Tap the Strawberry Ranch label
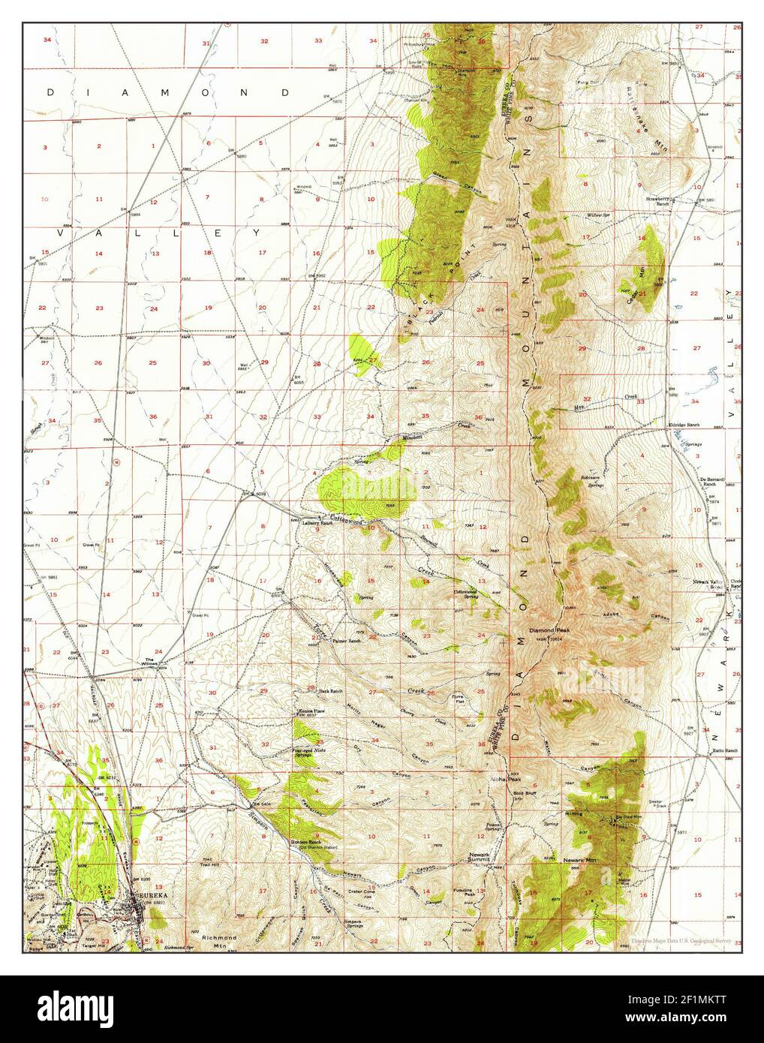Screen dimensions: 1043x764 [x=657, y=201]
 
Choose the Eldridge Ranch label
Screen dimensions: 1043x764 [x=684, y=425]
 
